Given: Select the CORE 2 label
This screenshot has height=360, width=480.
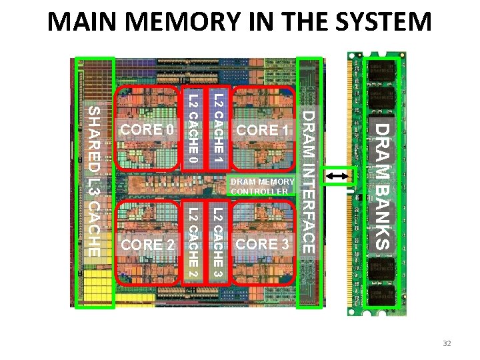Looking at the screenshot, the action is [x=148, y=245].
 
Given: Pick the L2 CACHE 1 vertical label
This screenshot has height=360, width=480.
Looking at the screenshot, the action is [x=217, y=129].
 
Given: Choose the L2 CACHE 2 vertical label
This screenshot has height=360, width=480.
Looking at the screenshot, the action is [x=192, y=243].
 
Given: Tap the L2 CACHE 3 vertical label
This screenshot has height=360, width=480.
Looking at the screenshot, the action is [x=217, y=243].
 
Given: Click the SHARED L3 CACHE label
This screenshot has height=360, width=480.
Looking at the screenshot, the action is [x=95, y=181].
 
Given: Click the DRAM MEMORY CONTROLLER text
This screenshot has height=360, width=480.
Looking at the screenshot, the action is [x=262, y=187].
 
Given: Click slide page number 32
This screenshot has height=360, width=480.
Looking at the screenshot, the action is [x=447, y=343].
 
